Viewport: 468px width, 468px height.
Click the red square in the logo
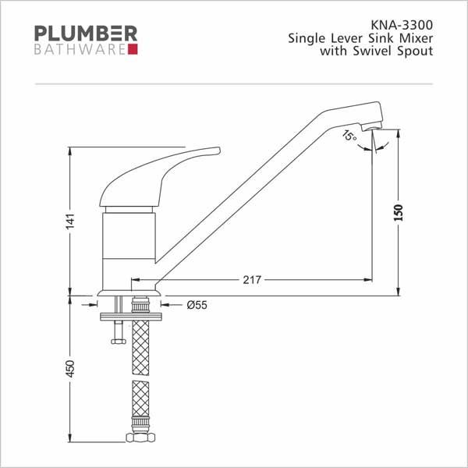tap(133, 49)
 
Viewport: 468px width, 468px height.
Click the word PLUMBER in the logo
tap(86, 33)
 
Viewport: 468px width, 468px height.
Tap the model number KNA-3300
tap(402, 25)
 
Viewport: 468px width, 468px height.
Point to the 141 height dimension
tap(70, 222)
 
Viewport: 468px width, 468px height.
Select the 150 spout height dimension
tap(399, 212)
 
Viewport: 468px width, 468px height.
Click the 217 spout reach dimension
tap(252, 280)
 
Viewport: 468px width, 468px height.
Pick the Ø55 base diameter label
tap(197, 305)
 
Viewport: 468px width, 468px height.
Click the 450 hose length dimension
tap(70, 369)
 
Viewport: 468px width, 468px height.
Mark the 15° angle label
tap(349, 136)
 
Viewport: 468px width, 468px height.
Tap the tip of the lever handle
tap(219, 150)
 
